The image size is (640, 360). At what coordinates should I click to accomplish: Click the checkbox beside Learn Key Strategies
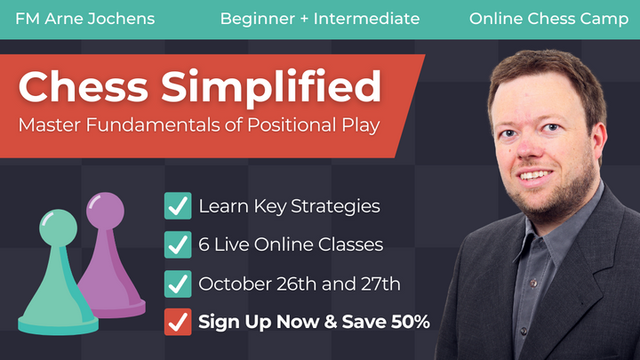(x=178, y=206)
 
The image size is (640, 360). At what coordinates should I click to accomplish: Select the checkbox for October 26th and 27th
(x=178, y=284)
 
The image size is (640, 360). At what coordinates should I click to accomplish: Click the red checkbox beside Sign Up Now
(x=178, y=322)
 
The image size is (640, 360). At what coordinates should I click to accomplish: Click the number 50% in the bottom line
(x=408, y=322)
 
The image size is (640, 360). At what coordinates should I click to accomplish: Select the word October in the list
(x=234, y=284)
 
